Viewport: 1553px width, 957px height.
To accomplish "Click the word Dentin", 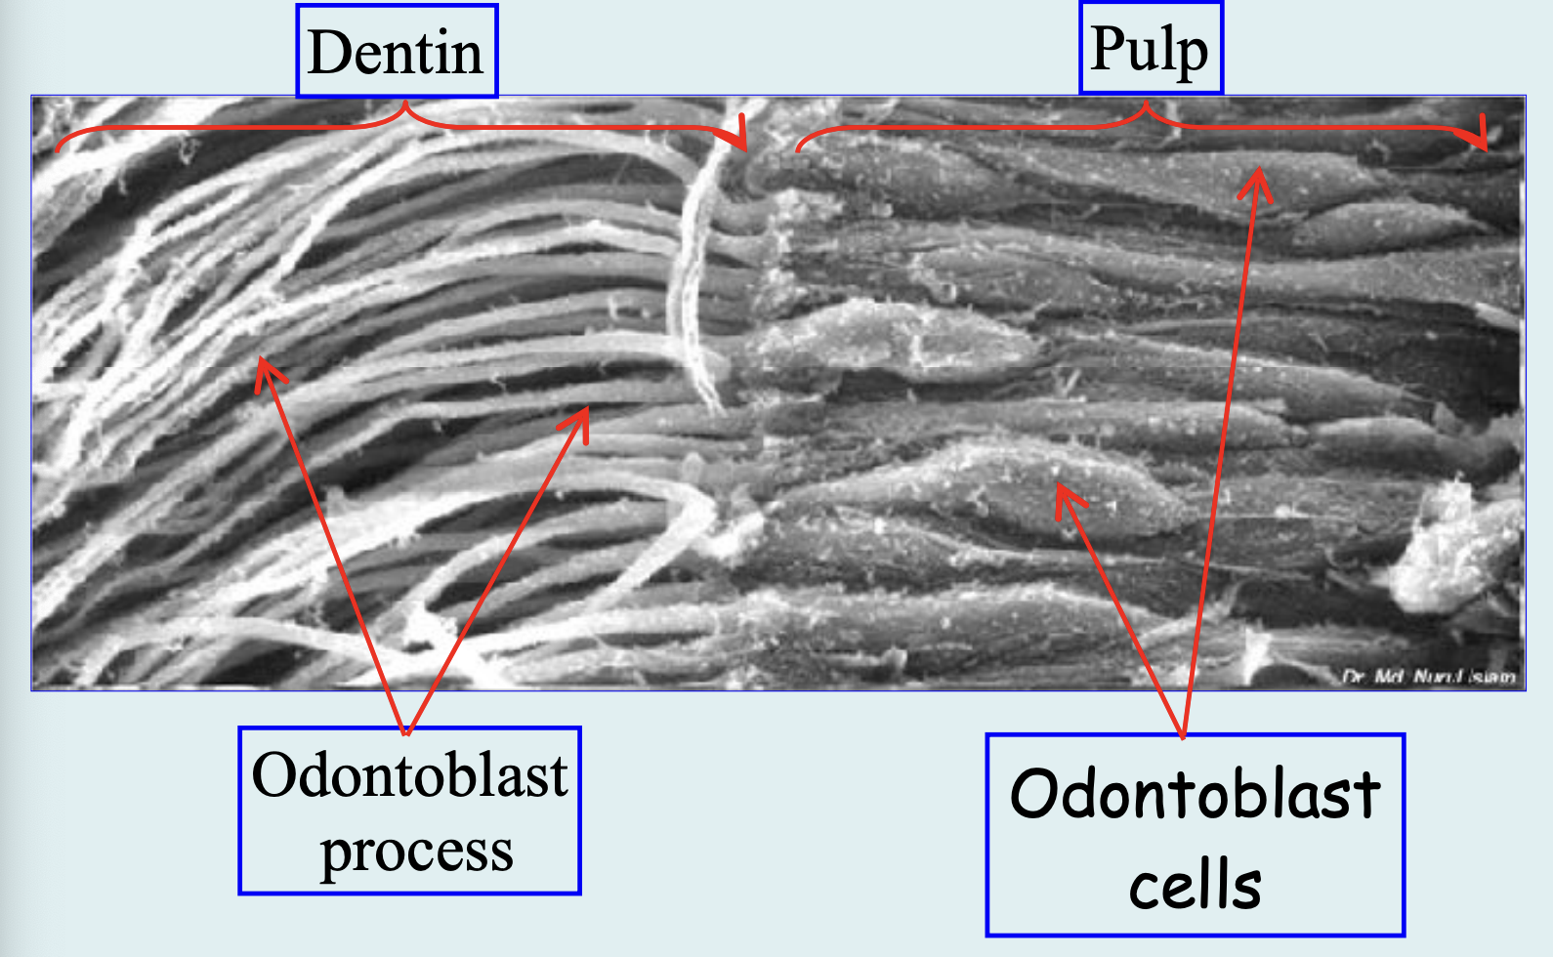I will pos(396,53).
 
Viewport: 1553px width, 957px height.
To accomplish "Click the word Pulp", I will pos(1149,49).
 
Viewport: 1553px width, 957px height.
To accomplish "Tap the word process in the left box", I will pos(416,852).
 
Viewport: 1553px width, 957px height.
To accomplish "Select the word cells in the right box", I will pos(1195,886).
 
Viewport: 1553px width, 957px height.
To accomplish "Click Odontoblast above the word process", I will pos(409,775).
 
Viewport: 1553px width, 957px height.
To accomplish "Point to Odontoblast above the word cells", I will pos(1195,794).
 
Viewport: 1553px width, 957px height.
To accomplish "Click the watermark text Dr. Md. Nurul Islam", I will pos(1428,676).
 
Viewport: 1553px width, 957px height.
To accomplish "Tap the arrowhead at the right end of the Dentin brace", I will pos(744,135).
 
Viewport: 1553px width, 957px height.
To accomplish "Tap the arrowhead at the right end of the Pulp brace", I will pos(1485,134).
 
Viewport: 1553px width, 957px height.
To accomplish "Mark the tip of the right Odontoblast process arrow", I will pos(588,408).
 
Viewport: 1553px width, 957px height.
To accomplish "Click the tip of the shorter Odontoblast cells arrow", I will pos(1059,486).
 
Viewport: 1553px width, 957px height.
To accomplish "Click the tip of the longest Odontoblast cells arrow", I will pos(1259,170).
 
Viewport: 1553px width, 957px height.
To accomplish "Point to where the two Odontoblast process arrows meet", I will pos(406,732).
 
